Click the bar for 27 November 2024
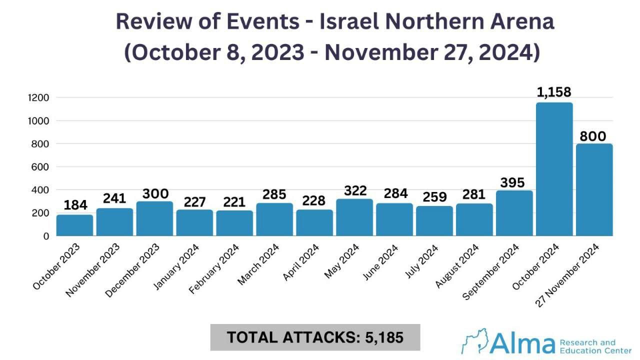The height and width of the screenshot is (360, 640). tap(594, 189)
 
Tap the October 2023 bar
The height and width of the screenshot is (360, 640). tap(74, 225)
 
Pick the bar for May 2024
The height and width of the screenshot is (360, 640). tap(354, 217)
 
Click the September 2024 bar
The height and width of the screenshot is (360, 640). tap(514, 213)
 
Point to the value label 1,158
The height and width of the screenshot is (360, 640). tap(553, 92)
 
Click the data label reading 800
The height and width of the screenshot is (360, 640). tap(593, 136)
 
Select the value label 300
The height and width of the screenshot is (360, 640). tap(155, 193)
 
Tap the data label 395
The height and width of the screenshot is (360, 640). tap(513, 183)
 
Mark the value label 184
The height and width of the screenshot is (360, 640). tap(75, 205)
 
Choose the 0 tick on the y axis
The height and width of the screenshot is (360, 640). tap(46, 236)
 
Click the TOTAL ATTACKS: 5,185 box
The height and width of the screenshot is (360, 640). tap(315, 337)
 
